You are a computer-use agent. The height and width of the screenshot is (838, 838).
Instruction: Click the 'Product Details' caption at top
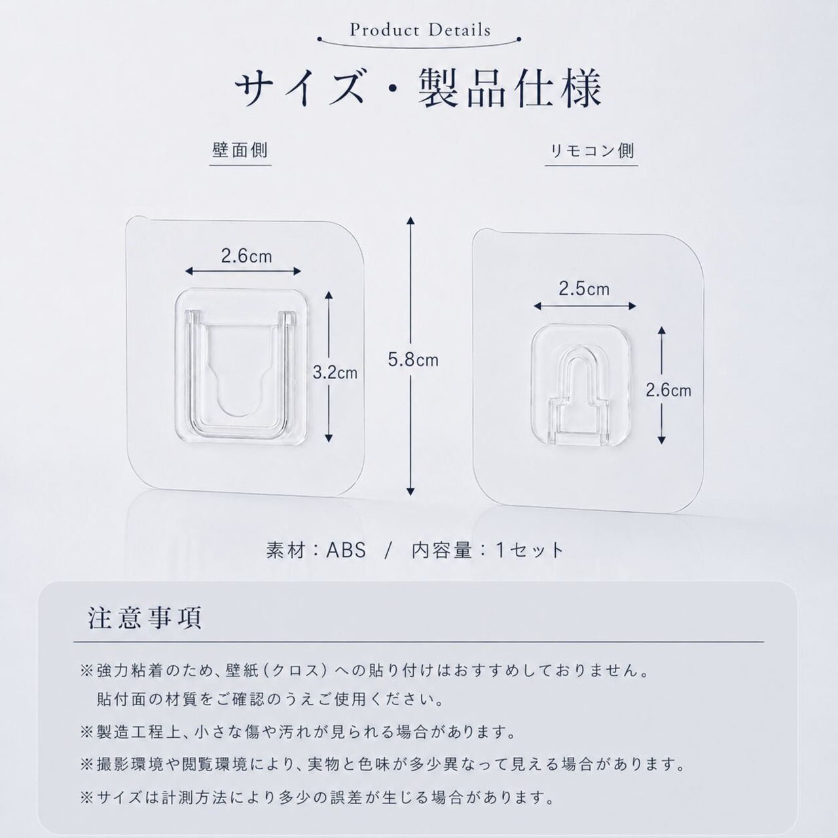click(x=420, y=30)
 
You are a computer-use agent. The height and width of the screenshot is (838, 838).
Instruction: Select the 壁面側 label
click(x=240, y=151)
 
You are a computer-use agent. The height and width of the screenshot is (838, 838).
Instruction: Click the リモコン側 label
click(x=591, y=151)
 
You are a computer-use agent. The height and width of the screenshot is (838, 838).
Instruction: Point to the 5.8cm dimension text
click(x=413, y=359)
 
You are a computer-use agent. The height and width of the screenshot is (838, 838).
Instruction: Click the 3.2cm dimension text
click(x=335, y=373)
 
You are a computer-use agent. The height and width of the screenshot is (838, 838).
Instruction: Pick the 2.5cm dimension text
click(x=584, y=289)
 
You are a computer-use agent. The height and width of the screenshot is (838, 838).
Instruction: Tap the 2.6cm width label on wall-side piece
click(x=246, y=256)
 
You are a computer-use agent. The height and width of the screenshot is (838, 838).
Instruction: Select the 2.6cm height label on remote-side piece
click(x=668, y=390)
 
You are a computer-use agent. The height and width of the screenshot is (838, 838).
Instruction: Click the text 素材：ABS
click(x=316, y=551)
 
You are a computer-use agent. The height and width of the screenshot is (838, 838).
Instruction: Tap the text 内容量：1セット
click(x=488, y=551)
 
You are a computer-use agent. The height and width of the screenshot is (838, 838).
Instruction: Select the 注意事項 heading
click(x=145, y=618)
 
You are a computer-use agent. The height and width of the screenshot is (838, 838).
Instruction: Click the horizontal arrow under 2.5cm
click(x=585, y=306)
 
